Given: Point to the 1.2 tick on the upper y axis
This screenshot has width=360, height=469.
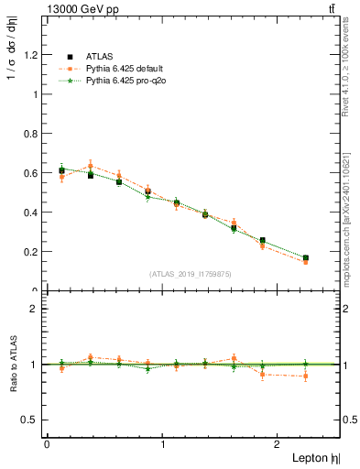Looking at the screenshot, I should click(33, 54).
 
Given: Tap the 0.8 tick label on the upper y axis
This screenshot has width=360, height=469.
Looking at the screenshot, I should click(33, 133).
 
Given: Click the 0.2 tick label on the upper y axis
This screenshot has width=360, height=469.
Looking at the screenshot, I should click(33, 251).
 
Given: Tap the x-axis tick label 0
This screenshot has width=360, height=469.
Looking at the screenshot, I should click(47, 444).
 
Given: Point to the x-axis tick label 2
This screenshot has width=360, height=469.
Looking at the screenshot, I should click(280, 444).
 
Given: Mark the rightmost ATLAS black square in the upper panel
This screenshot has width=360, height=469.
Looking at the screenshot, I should click(306, 258).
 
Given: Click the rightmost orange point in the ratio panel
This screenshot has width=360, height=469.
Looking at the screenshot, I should click(306, 376).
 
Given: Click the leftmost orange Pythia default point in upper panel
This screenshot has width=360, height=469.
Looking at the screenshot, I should click(61, 177).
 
